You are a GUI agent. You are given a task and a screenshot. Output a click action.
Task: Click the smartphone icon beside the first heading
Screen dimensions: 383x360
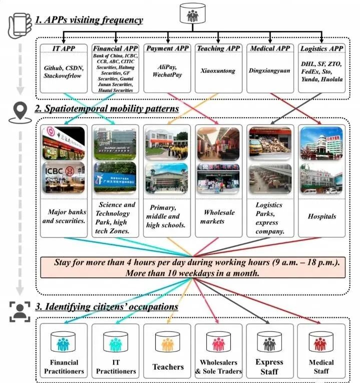pos(17,24)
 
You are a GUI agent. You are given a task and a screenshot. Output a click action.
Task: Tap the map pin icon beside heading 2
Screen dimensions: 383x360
pos(19,113)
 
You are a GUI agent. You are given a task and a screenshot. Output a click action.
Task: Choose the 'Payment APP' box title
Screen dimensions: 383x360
pos(168,48)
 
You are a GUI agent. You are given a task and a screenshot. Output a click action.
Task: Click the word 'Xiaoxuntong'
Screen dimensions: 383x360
pos(219,71)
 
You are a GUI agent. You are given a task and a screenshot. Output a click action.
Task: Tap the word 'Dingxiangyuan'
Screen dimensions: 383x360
pos(269,71)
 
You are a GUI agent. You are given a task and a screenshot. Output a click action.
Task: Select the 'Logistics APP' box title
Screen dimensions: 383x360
pos(321,48)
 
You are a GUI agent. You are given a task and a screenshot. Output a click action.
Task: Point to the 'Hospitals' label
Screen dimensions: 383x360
pos(321,216)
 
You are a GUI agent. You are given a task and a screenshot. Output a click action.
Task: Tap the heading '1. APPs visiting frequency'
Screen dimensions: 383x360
pos(89,21)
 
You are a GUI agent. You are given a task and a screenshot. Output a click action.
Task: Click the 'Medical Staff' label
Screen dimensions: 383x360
pos(321,366)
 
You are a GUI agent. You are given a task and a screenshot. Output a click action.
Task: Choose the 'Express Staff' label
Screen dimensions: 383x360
pos(269,366)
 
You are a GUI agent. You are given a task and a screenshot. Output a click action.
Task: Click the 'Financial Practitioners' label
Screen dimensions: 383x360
pos(65,366)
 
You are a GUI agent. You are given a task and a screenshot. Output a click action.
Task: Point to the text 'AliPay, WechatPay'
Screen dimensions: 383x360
pos(168,71)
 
